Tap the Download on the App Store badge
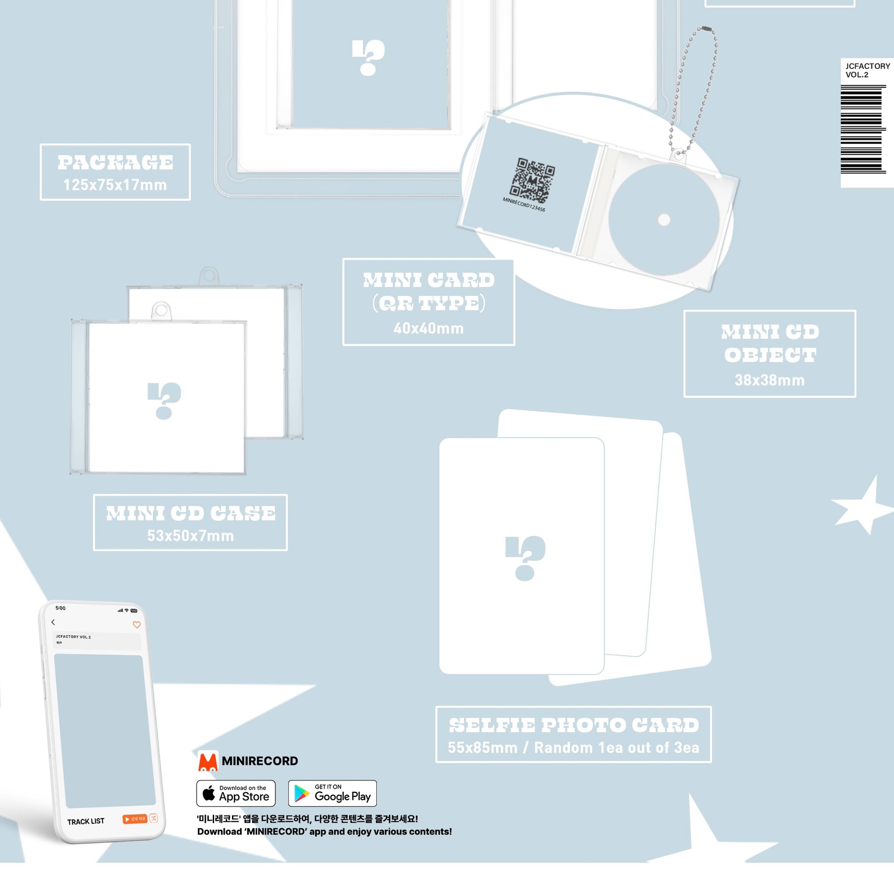[236, 793]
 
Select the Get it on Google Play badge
[332, 793]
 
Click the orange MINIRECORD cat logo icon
[208, 761]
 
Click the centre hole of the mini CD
[664, 220]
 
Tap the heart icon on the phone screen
[136, 625]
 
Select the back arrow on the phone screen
[53, 622]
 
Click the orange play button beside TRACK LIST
[135, 819]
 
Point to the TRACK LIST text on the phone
[85, 821]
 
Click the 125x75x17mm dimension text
[115, 185]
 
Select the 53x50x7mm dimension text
[190, 536]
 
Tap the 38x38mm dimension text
[770, 380]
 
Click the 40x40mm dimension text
[429, 328]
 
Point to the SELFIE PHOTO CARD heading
[574, 725]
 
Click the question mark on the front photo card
[526, 558]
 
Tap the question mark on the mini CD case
[164, 401]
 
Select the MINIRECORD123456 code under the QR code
[524, 204]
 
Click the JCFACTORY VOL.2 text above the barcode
[867, 70]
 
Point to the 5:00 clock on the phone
[61, 608]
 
